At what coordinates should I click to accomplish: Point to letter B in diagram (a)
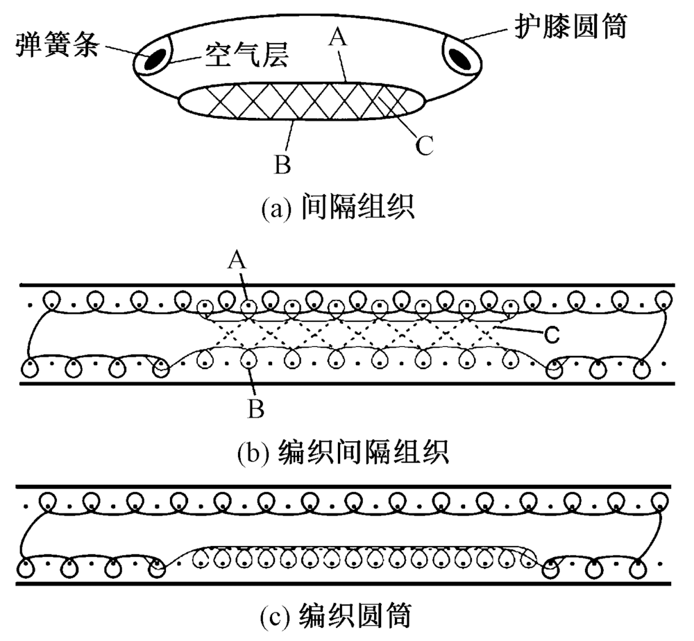[x=284, y=164]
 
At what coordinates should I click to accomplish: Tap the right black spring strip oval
[x=462, y=58]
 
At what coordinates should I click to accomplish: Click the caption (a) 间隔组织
[x=338, y=207]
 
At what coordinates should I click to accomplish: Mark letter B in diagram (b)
[x=255, y=410]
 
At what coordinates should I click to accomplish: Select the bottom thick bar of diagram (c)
[x=347, y=584]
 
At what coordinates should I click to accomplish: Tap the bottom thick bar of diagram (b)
[x=347, y=382]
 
